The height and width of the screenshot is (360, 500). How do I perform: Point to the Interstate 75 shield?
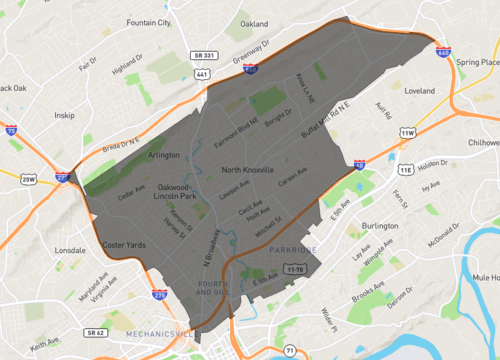pyautogui.click(x=10, y=131)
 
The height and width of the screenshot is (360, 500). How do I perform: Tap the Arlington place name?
pyautogui.click(x=163, y=155)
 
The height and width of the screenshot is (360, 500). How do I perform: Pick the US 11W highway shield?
pyautogui.click(x=407, y=132)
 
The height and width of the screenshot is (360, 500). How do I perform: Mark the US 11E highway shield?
pyautogui.click(x=406, y=170)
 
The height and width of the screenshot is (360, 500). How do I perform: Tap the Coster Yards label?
pyautogui.click(x=124, y=245)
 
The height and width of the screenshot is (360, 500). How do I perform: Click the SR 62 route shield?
pyautogui.click(x=95, y=331)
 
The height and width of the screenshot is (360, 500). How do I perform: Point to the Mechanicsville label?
pyautogui.click(x=159, y=333)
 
